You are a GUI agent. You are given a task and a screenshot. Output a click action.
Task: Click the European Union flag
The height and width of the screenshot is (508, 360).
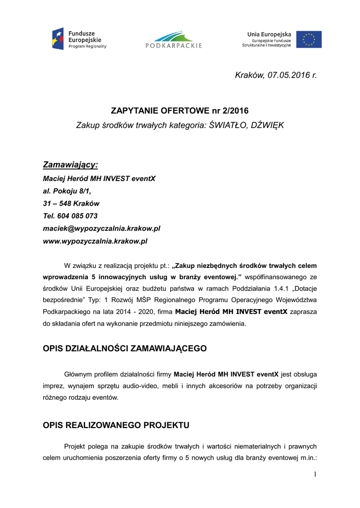[309, 39]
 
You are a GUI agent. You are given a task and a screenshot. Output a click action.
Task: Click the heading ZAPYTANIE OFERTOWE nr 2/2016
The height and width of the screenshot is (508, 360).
[179, 111]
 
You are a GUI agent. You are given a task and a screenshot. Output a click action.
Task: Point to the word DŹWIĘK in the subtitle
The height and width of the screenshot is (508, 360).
[268, 125]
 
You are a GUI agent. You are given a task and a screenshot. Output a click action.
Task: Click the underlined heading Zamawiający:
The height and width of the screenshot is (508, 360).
[70, 164]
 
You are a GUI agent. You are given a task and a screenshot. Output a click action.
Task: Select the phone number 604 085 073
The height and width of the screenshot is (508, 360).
[77, 216]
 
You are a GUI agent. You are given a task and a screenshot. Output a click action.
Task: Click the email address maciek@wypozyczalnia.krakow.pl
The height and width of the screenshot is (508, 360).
[101, 228]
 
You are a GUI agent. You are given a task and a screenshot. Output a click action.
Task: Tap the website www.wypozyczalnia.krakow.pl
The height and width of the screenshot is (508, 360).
[95, 241]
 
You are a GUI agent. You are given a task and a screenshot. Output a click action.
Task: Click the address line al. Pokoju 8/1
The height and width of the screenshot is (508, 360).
[67, 190]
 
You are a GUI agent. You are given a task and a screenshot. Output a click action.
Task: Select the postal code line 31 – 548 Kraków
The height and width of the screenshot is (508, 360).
[71, 203]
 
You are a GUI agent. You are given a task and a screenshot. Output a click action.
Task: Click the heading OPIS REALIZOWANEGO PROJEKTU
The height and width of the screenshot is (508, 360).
[116, 425]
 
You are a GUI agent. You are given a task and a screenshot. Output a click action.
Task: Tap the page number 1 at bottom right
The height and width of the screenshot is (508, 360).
[314, 475]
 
